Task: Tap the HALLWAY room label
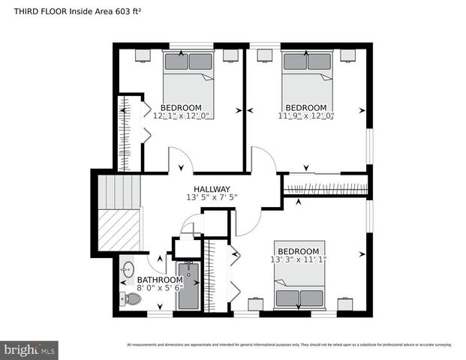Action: pos(212,189)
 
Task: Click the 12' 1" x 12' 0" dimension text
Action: pos(182,116)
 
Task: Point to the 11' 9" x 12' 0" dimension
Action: pos(306,116)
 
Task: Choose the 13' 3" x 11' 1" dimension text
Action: pos(299,259)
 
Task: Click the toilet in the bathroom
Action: pos(131,298)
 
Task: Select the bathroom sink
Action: pos(128,268)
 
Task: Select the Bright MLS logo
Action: pos(29,350)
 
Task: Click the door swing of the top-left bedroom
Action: pos(179,160)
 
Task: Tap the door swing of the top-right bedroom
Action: pos(263,160)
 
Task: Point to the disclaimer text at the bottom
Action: pos(289,345)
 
